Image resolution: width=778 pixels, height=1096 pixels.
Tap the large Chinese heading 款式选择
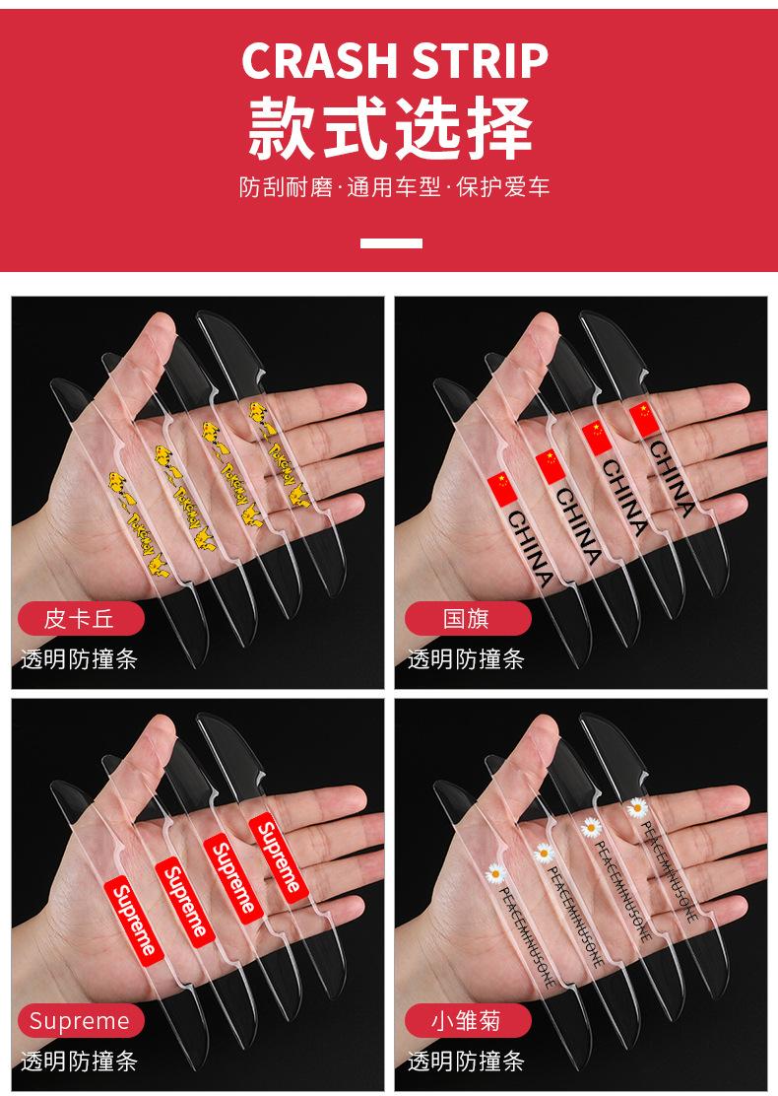click(390, 127)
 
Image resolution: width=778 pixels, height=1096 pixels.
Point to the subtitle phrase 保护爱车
click(503, 186)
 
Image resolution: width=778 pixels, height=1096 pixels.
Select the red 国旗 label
click(467, 619)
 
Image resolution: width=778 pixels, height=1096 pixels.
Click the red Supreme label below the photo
click(80, 1020)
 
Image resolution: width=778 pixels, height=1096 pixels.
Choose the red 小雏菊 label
click(467, 1020)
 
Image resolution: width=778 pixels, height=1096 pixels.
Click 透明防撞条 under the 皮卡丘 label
click(80, 659)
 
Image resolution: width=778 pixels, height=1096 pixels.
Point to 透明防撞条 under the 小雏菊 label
click(467, 1061)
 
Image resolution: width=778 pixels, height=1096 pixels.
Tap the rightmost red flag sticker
click(641, 418)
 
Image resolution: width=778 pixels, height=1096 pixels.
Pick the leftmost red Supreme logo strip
click(134, 918)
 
